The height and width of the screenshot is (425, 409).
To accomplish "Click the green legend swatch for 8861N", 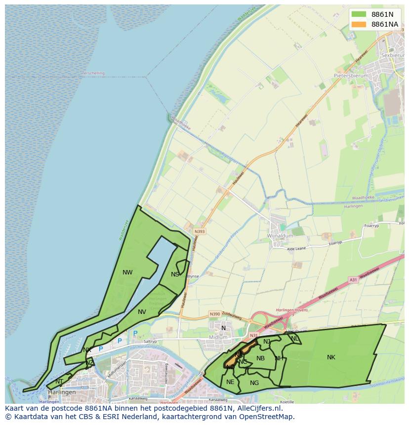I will click(x=359, y=14).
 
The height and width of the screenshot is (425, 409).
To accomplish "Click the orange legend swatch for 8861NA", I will click(x=359, y=24).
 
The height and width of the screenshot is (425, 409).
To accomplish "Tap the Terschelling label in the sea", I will click(x=93, y=73).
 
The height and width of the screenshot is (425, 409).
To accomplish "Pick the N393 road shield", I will click(x=200, y=231).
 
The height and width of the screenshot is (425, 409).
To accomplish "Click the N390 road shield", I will click(x=215, y=313).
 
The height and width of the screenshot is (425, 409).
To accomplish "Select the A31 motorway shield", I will click(x=353, y=280).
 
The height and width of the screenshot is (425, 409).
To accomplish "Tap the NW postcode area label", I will click(x=127, y=272).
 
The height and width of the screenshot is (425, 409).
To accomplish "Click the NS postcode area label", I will click(x=175, y=274).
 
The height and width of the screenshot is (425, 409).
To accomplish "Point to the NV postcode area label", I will click(x=142, y=311).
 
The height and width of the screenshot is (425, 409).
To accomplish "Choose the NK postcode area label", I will click(x=331, y=357).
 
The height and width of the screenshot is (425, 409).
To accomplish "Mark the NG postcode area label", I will click(x=254, y=383).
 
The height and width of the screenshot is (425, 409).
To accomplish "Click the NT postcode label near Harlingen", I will click(x=59, y=381).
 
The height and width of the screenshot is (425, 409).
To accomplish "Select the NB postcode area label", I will click(x=261, y=358).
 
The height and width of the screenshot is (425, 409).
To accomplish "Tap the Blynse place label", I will click(x=193, y=276).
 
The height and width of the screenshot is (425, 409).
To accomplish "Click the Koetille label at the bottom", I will click(x=286, y=402).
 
